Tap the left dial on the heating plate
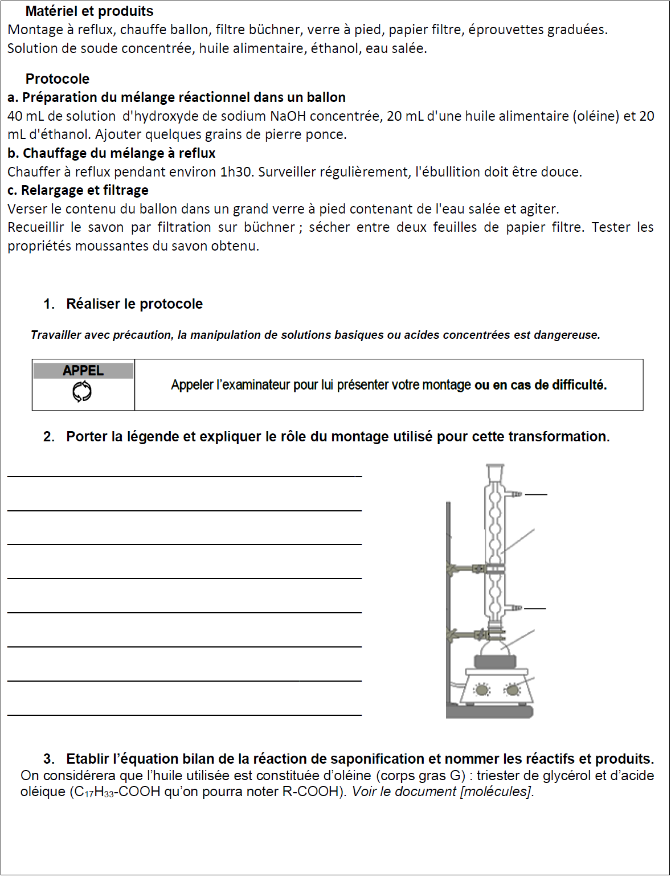[482, 690]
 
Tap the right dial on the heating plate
[513, 690]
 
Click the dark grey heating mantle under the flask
[495, 662]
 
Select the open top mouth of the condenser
[495, 467]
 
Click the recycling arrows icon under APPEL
[82, 392]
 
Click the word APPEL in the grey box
[83, 371]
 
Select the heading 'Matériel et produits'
[89, 11]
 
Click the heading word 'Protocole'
[58, 79]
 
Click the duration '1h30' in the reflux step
[236, 172]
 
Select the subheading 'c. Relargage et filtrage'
[78, 190]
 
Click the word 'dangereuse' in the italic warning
[566, 335]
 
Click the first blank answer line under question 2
[185, 475]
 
